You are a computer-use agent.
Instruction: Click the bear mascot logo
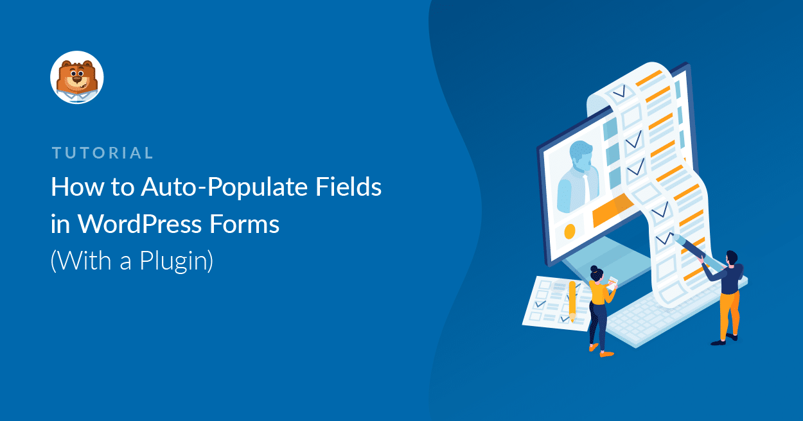pyautogui.click(x=77, y=77)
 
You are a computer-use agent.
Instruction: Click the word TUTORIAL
pyautogui.click(x=103, y=153)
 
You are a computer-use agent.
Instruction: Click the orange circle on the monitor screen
pyautogui.click(x=569, y=230)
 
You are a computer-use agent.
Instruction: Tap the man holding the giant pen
pyautogui.click(x=729, y=292)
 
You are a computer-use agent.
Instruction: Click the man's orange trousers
pyautogui.click(x=729, y=314)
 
